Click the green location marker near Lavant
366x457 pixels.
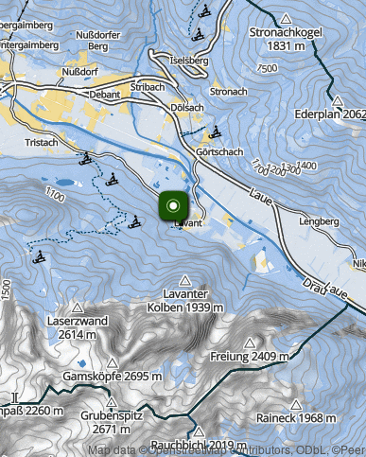coord(173,205)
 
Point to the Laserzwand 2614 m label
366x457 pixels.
coord(77,327)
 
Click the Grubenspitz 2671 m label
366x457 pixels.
coord(111,422)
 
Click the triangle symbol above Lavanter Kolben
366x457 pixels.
coord(184,280)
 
